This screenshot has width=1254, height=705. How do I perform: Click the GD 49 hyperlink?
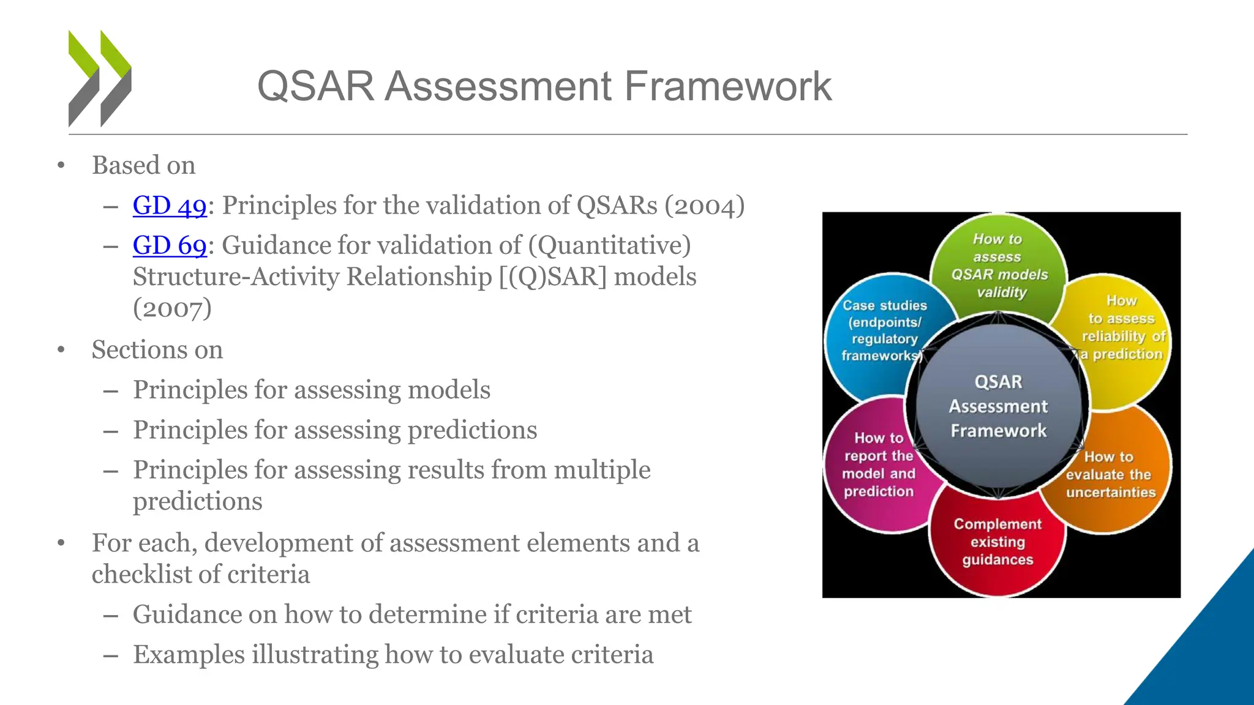170,206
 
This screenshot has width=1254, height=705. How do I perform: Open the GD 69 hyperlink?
170,245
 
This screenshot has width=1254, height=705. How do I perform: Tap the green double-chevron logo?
100,78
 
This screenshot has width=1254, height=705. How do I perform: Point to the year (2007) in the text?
172,308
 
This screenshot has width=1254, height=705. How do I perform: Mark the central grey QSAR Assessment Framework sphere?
998,406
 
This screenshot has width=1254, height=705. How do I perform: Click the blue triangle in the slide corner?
1206,649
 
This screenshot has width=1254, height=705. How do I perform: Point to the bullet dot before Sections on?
61,350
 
